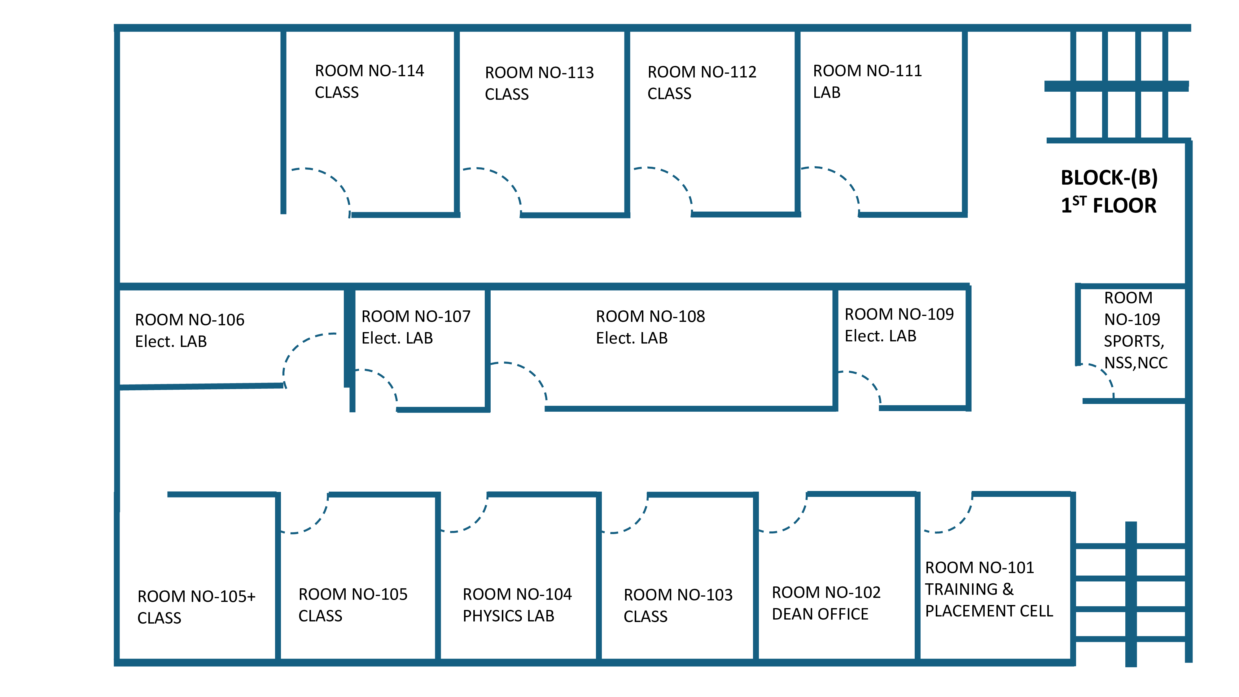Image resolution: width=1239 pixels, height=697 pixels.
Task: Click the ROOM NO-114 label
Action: click(370, 71)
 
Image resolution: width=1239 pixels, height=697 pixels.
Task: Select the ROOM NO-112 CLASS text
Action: click(702, 82)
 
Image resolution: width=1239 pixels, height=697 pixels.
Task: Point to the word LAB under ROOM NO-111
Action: click(826, 92)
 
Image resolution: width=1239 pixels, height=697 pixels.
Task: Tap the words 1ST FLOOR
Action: click(1109, 205)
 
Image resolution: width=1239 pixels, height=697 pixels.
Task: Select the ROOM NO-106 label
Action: click(190, 320)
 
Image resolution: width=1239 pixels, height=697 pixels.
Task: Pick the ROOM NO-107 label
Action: click(416, 317)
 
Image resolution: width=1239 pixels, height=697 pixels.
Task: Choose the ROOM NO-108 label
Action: click(650, 317)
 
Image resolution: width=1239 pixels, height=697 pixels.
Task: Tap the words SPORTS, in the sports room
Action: click(1134, 341)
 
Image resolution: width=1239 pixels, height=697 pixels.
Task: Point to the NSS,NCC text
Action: click(1136, 363)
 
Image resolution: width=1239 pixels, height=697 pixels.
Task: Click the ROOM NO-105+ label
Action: click(196, 596)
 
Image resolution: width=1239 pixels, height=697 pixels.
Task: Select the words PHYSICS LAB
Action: click(508, 616)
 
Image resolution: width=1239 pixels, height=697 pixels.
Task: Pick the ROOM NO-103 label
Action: click(678, 595)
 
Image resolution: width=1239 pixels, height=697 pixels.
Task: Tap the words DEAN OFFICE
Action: click(820, 614)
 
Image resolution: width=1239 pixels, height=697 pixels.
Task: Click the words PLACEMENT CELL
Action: click(989, 611)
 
